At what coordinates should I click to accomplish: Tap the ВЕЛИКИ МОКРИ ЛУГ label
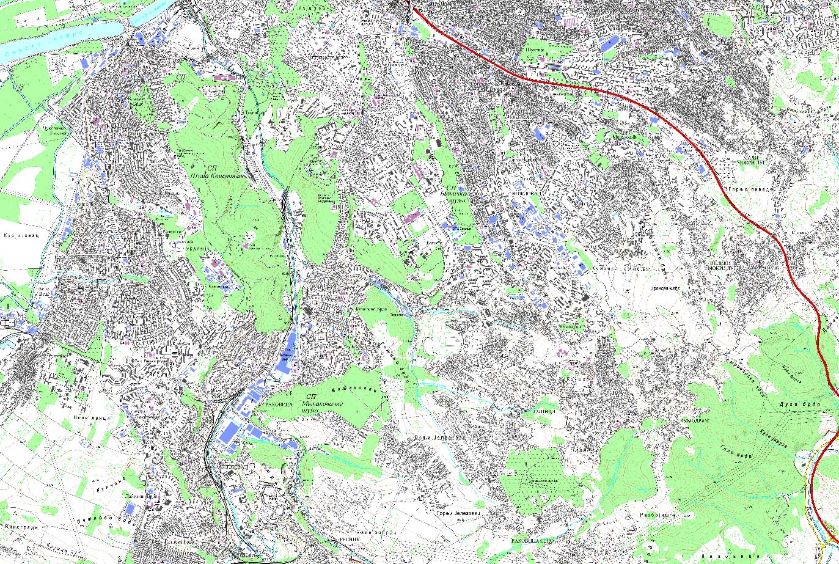(x=724, y=265)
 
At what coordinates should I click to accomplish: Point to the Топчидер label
(x=254, y=112)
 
